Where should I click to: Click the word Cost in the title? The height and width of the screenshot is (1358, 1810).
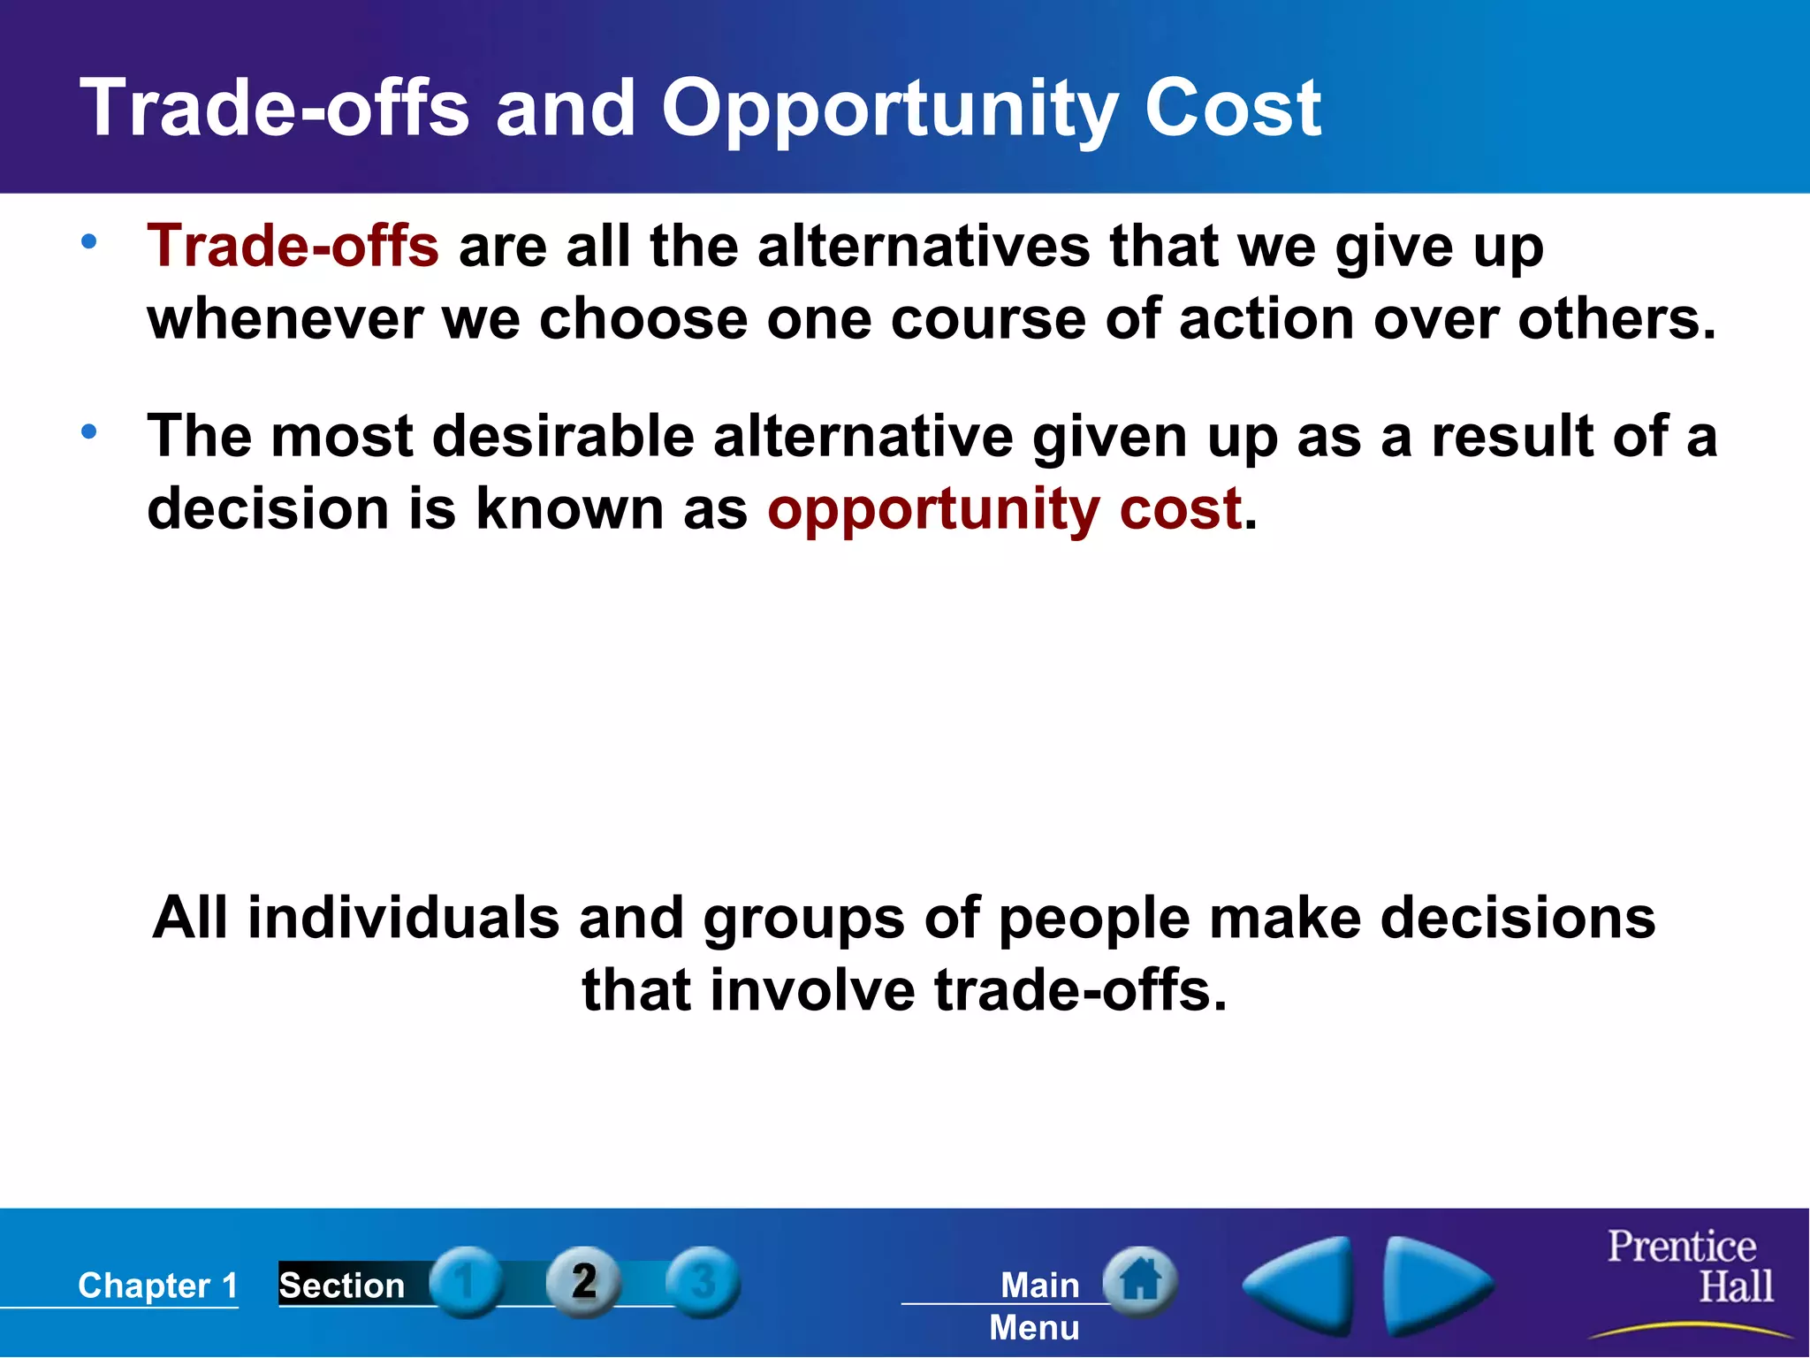coord(1232,108)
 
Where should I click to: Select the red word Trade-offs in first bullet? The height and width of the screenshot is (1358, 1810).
coord(293,246)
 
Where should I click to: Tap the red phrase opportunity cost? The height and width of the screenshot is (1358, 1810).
coord(1005,509)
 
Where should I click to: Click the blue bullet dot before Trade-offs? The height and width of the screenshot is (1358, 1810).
coord(89,241)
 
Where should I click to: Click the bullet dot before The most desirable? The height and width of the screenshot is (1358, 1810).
coord(89,432)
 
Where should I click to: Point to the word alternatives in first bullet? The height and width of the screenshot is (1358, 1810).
coord(924,246)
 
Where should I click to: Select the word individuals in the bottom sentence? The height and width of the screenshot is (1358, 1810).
coord(403,918)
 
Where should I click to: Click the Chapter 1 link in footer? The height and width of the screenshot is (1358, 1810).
coord(157,1286)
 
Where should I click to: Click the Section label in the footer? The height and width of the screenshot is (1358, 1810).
coord(342,1286)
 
